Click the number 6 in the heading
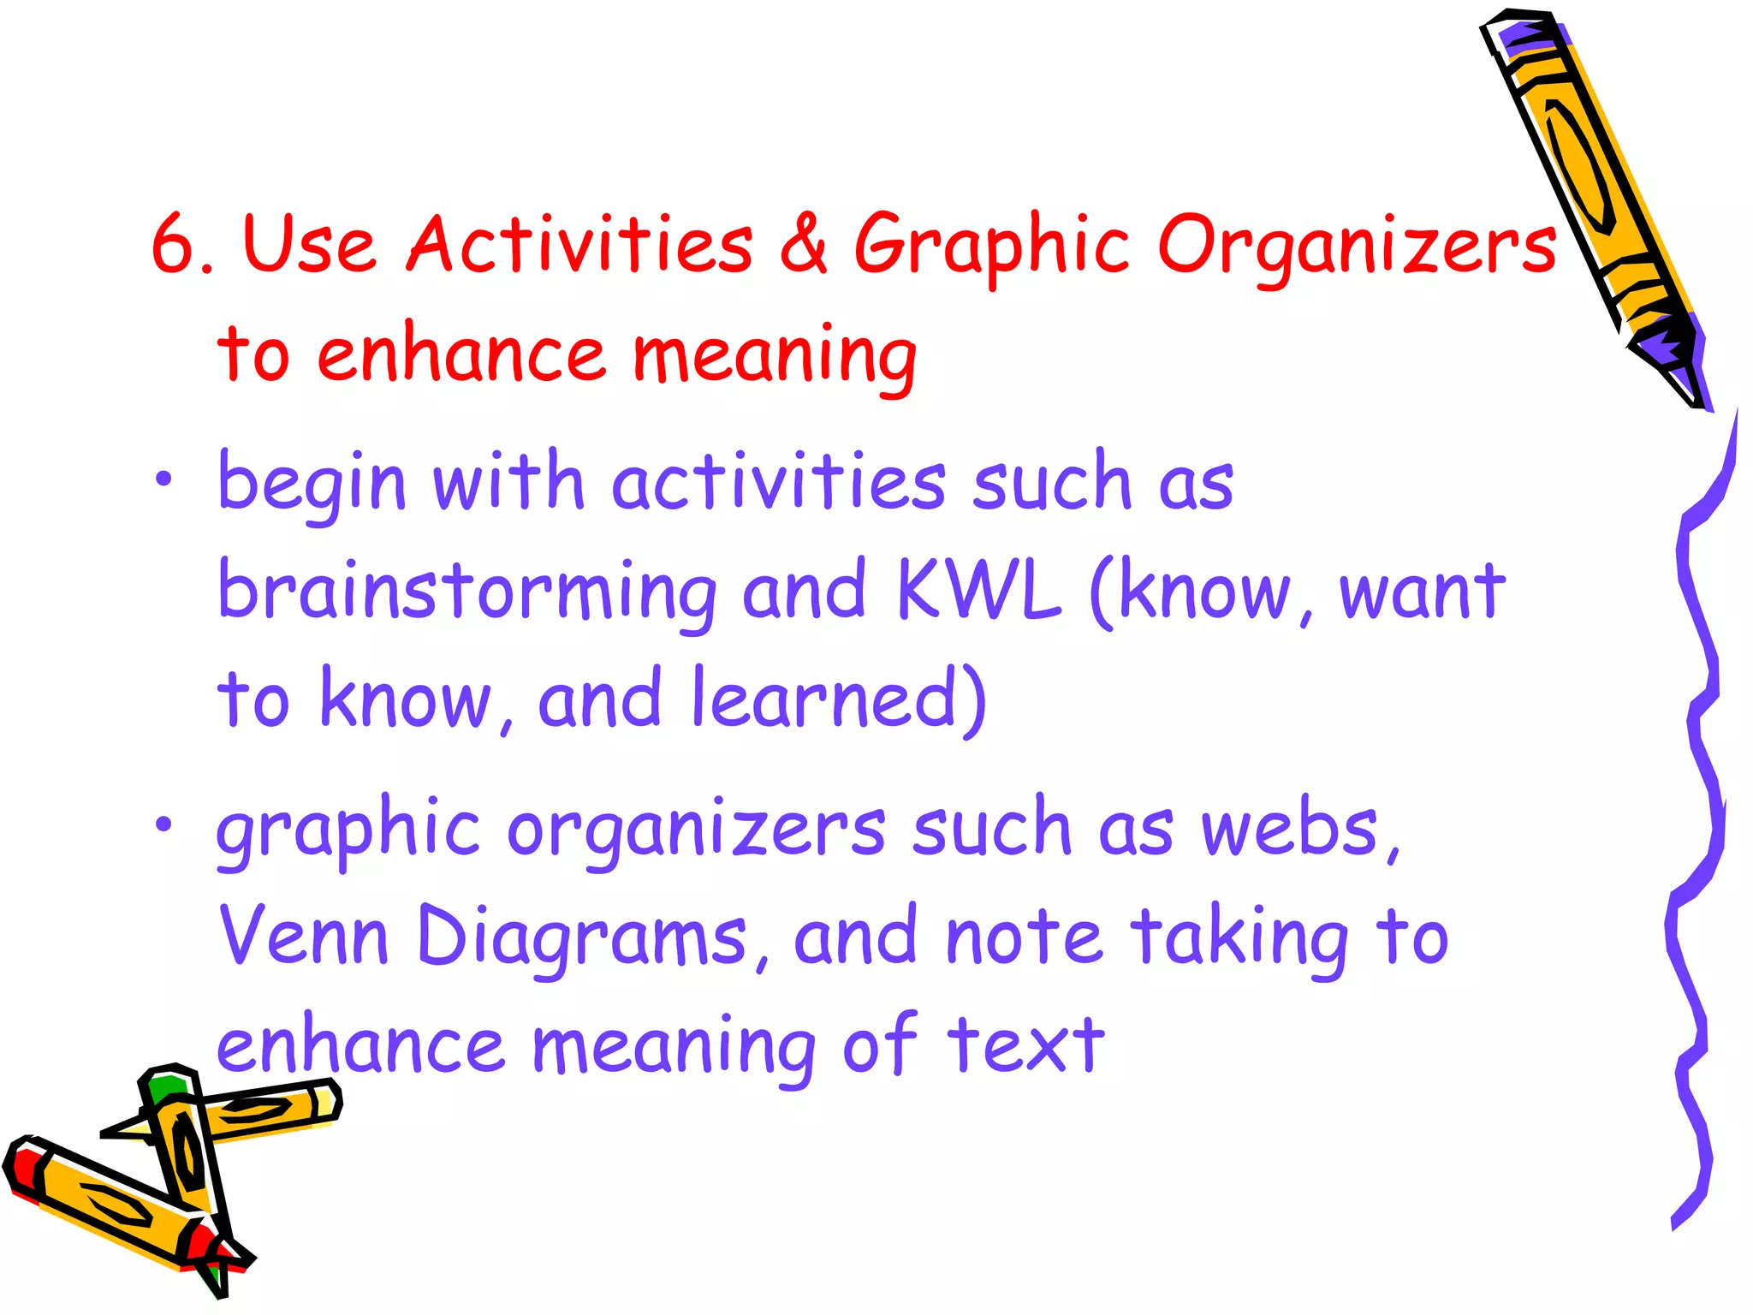coord(174,245)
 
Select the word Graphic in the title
coord(992,248)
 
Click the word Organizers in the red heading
coord(1357,248)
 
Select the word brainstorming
coord(467,592)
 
